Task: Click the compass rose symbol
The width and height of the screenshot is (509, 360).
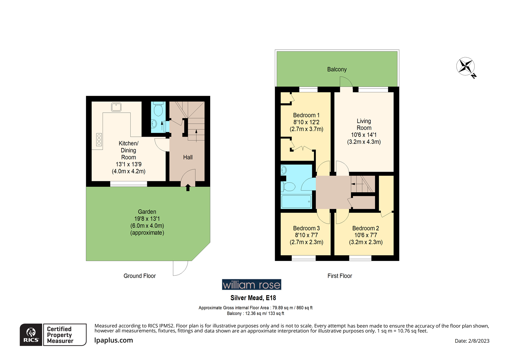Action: click(465, 66)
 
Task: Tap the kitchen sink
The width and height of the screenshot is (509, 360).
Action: click(116, 107)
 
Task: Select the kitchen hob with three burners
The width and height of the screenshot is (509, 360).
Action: click(99, 139)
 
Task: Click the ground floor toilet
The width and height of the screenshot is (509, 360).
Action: click(158, 109)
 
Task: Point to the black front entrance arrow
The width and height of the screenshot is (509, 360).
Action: click(188, 188)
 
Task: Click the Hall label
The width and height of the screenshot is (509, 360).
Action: click(188, 157)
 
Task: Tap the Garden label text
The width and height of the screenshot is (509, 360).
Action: click(147, 212)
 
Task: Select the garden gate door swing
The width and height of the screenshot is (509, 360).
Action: click(180, 268)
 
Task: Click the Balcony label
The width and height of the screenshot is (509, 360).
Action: click(337, 69)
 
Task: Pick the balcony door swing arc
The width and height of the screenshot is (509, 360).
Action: click(346, 82)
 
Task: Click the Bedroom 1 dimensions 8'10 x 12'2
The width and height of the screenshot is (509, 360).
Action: click(306, 122)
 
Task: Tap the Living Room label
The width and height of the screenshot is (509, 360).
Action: click(364, 124)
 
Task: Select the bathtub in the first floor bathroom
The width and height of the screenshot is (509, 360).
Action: click(296, 201)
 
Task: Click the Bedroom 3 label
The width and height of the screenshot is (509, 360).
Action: click(306, 228)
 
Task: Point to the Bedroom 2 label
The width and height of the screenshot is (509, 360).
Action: click(365, 228)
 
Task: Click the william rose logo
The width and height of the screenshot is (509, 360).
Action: click(252, 285)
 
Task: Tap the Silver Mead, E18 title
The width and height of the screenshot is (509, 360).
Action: click(253, 298)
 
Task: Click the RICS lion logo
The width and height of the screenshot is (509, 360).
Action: click(31, 335)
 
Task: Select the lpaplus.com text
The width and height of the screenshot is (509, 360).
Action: click(114, 340)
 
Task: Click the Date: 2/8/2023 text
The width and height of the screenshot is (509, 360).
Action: click(472, 341)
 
